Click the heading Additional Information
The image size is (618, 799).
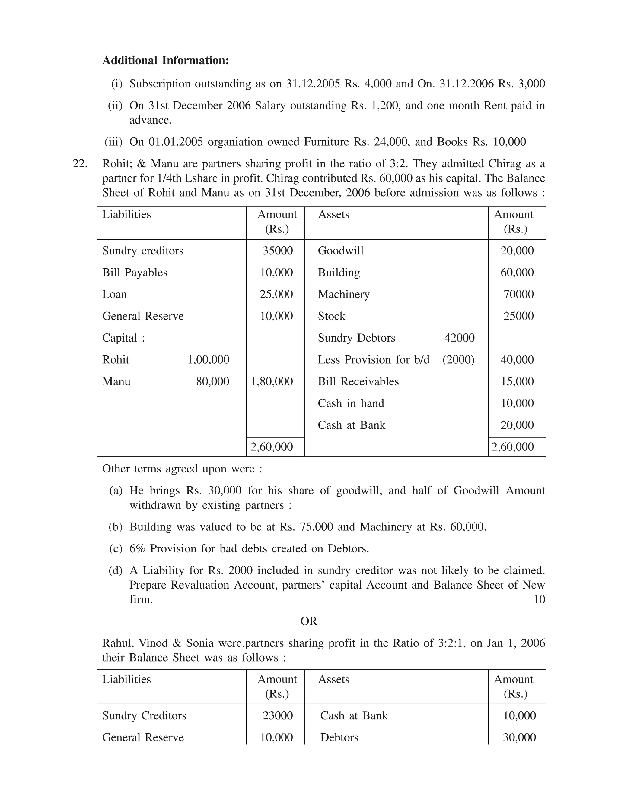pyautogui.click(x=165, y=61)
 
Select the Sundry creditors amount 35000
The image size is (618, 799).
pyautogui.click(x=278, y=251)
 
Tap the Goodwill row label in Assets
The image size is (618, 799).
pyautogui.click(x=340, y=251)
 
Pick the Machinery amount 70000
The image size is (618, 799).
pyautogui.click(x=518, y=295)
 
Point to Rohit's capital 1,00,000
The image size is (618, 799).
pyautogui.click(x=208, y=360)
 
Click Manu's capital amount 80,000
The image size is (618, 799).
pyautogui.click(x=212, y=382)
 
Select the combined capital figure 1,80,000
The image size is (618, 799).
pyautogui.click(x=272, y=382)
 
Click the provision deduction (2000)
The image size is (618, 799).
pyautogui.click(x=458, y=360)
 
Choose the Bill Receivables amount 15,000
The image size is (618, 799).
pyautogui.click(x=517, y=382)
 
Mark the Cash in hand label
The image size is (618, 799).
pyautogui.click(x=351, y=403)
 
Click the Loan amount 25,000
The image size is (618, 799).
pyautogui.click(x=276, y=295)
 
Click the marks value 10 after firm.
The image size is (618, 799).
pyautogui.click(x=539, y=600)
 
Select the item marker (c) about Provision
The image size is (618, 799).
pyautogui.click(x=116, y=549)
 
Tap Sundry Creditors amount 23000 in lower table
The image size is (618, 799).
pyautogui.click(x=278, y=716)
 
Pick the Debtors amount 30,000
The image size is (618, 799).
pyautogui.click(x=519, y=737)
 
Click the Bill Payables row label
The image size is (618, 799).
pyautogui.click(x=135, y=273)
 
